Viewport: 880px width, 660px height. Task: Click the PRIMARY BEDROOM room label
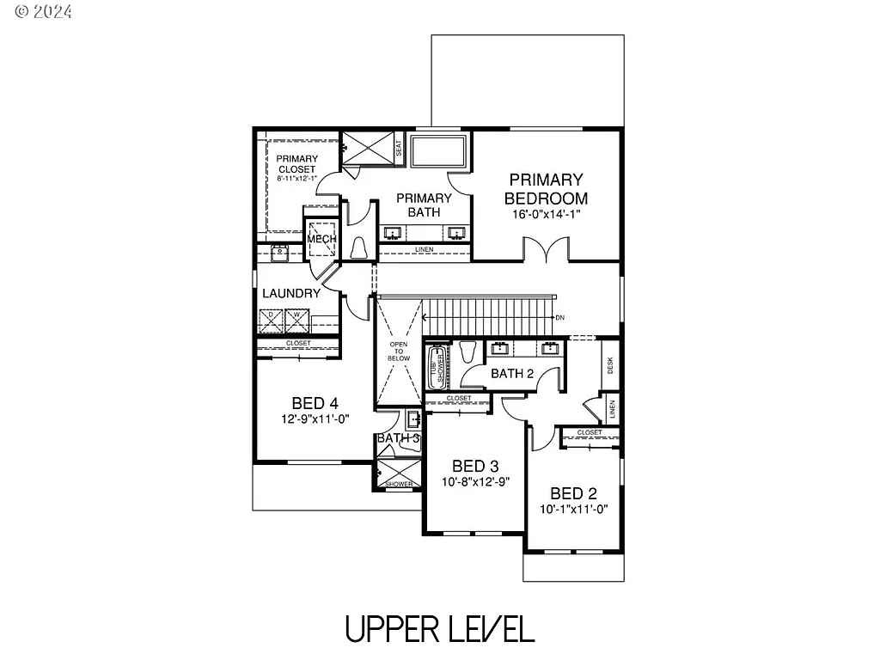(546, 189)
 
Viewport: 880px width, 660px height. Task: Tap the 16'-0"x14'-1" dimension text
(546, 216)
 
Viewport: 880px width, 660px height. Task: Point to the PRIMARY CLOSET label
(296, 164)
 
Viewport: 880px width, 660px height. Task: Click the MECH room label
(321, 239)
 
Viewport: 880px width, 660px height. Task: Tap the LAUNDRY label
(291, 293)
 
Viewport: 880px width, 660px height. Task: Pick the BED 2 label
(573, 493)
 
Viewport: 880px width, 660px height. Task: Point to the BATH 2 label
(513, 374)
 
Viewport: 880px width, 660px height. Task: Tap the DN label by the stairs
(559, 318)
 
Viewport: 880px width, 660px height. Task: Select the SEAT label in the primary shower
(399, 148)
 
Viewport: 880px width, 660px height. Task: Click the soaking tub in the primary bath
(439, 151)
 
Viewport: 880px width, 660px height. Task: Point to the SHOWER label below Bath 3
(399, 484)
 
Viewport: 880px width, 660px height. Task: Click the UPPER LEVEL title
(439, 629)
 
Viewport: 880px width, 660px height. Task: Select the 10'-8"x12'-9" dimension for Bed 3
(475, 482)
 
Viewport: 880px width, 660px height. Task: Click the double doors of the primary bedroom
(546, 250)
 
